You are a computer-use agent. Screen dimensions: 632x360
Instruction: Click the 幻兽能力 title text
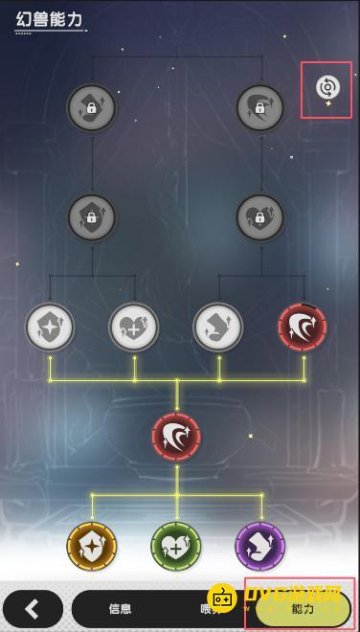point(49,18)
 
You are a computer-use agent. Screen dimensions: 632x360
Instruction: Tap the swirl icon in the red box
point(326,89)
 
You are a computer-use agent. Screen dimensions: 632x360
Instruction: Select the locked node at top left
point(92,107)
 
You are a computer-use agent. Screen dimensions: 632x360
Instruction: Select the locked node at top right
point(260,107)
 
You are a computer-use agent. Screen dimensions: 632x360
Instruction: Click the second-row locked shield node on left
point(92,216)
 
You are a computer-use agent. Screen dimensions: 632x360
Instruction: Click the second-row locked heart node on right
point(260,216)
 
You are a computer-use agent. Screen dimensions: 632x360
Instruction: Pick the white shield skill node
point(50,327)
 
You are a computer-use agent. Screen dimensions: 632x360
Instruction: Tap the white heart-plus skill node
point(134,327)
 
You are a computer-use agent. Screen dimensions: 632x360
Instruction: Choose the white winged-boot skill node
point(218,327)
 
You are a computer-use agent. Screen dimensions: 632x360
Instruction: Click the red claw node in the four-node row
point(303,327)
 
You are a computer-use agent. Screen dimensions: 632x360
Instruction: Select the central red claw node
point(176,436)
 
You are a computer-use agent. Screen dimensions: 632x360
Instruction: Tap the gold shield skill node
point(92,547)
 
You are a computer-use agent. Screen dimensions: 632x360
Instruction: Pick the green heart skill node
point(176,547)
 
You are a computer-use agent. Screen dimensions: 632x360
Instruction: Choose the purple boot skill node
point(260,547)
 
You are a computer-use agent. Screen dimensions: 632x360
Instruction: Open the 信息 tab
point(120,608)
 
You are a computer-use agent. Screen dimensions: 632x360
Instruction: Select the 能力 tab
point(303,608)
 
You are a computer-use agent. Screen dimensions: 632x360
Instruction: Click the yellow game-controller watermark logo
point(223,598)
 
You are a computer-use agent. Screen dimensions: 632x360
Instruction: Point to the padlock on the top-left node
point(92,109)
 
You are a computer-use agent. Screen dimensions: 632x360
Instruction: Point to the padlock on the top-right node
point(260,109)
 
